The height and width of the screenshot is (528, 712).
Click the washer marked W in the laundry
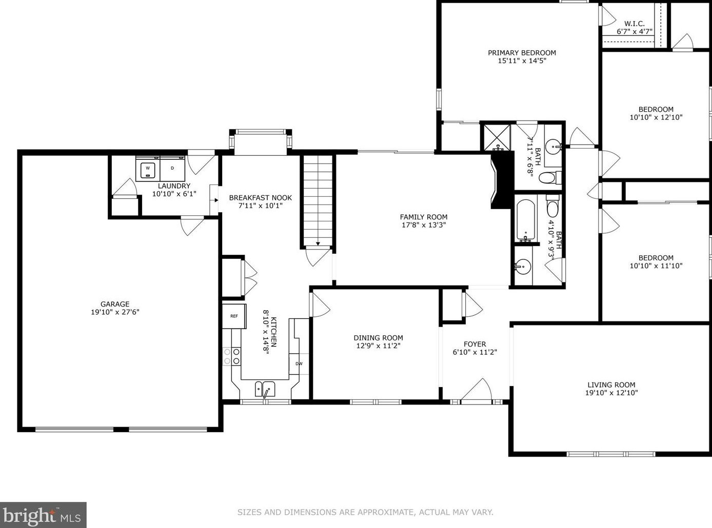148,169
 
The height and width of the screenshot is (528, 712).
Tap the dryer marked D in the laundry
172,169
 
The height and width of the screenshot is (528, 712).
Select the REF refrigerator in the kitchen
234,316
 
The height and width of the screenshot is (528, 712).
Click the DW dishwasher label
299,364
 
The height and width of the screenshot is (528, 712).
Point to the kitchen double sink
265,389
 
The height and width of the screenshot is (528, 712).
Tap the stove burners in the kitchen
232,356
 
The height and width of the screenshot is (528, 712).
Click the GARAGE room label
115,304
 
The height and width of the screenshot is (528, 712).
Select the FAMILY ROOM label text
423,217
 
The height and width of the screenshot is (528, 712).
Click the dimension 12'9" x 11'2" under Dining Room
378,346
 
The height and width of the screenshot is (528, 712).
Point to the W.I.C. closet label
635,24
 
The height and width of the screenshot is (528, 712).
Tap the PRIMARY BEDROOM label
522,53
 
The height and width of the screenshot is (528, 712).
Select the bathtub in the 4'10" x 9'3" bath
525,220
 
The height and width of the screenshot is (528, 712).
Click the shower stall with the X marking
497,137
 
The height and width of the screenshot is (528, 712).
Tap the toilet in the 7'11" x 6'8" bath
549,177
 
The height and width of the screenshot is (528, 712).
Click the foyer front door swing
476,390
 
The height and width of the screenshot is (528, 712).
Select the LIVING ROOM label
611,384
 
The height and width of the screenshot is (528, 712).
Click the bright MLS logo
42,515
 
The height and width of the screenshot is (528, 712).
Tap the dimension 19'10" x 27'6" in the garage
115,312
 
